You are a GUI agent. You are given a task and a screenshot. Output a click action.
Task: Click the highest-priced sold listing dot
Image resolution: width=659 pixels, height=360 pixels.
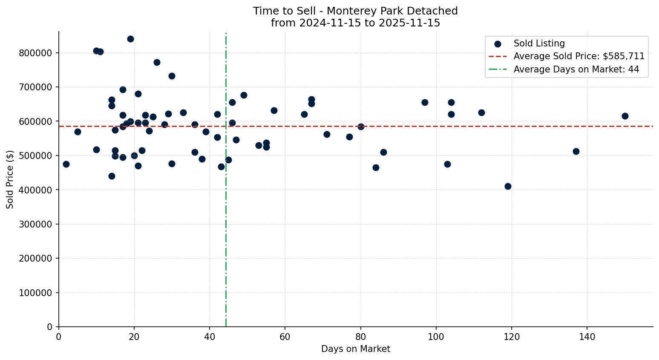coord(130,39)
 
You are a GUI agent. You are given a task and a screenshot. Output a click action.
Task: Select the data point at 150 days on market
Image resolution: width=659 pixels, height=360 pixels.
coord(625,116)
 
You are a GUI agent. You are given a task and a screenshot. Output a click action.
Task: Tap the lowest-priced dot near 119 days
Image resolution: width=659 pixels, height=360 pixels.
coord(508,186)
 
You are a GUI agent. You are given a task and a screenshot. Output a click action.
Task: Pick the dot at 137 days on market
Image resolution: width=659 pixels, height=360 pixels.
coord(576,151)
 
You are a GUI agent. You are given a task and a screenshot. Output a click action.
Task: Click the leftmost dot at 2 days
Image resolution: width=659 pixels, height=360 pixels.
coord(66,164)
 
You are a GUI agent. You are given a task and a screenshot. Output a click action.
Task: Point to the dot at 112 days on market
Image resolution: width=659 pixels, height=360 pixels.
coord(481,112)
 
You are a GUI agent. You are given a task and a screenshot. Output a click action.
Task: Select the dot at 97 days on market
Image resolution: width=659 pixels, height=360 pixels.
coord(425,102)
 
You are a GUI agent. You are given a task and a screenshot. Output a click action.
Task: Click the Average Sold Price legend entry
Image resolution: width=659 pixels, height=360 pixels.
coord(579,56)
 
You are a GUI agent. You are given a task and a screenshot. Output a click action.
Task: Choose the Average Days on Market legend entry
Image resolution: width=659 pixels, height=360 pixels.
coord(576,69)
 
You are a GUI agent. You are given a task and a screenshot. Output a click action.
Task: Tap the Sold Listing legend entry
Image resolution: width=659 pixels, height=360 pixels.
coord(539,43)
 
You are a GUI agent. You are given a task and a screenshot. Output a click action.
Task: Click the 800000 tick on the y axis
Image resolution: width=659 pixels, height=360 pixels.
coord(35,53)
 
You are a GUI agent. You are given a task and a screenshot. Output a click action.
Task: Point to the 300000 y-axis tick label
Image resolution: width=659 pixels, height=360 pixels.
coord(35,224)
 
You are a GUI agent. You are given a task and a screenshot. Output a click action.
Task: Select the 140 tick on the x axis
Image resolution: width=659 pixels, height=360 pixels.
coord(587,337)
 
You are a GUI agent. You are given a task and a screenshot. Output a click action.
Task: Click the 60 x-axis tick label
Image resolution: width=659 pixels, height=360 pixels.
coord(285,337)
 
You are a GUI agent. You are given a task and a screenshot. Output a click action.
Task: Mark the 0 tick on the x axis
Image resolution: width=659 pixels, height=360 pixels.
coord(59,337)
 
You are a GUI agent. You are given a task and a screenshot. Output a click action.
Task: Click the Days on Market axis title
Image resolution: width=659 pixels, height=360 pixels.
coord(356,349)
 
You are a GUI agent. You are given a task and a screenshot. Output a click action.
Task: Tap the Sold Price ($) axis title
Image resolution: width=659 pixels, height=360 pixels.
coord(10,179)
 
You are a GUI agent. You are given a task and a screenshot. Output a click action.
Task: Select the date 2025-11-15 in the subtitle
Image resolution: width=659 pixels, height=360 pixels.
coord(413,23)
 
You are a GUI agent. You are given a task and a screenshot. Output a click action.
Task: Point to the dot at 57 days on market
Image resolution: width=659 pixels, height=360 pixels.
coord(274,110)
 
